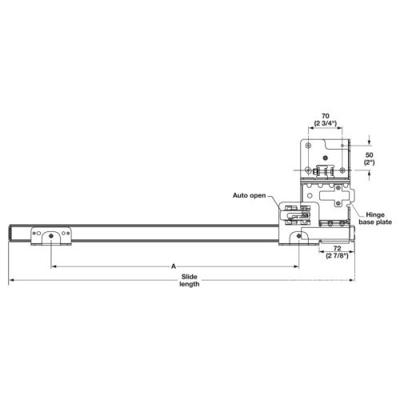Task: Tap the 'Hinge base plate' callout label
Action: pos(381,218)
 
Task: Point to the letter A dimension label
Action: pos(173,266)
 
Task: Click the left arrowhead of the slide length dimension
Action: pos(11,281)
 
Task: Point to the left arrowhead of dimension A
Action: pos(54,266)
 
